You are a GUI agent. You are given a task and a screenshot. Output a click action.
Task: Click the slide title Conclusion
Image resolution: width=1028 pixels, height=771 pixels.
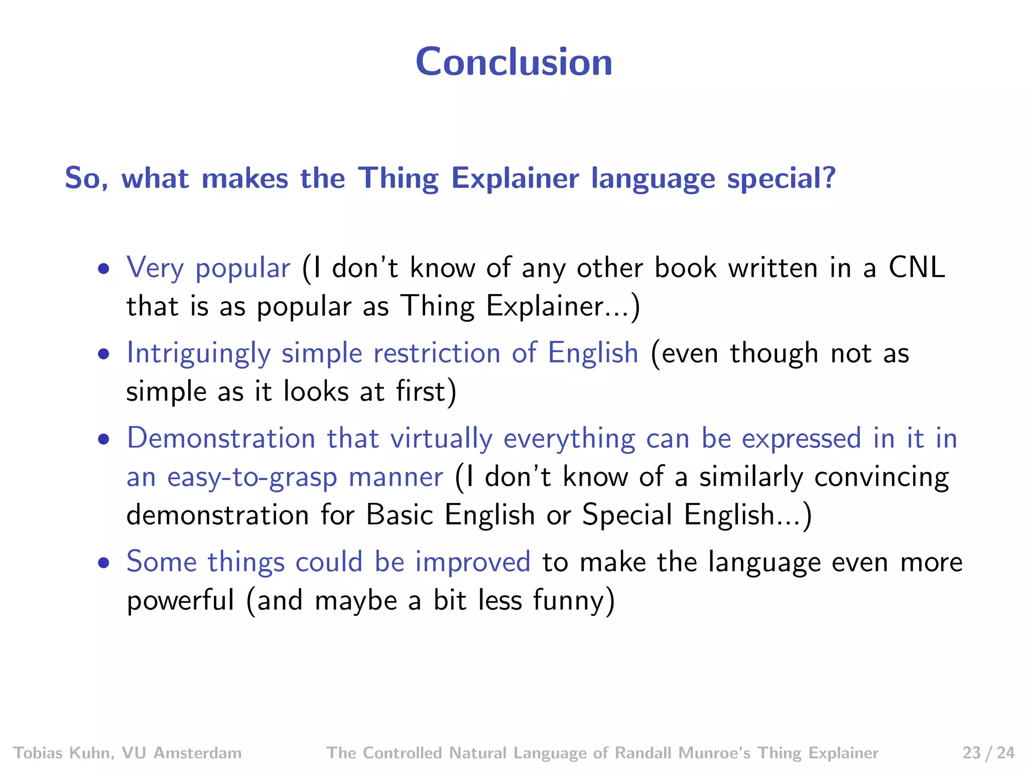[513, 62]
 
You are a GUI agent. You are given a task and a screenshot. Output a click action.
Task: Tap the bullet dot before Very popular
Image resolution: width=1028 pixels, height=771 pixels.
[104, 269]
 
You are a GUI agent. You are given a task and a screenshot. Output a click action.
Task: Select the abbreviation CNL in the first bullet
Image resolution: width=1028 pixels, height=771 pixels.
[917, 268]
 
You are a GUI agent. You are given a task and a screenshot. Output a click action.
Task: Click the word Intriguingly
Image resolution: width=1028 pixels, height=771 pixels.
[199, 353]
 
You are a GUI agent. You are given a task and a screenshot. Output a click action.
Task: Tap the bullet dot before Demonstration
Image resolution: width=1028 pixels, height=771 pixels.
[104, 440]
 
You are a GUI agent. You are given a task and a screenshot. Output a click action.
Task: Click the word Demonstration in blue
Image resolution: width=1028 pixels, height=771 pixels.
[221, 438]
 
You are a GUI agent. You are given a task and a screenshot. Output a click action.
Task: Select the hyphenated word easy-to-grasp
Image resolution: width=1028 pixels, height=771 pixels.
[252, 477]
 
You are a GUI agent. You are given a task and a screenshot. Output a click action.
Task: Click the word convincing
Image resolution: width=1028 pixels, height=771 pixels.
[881, 477]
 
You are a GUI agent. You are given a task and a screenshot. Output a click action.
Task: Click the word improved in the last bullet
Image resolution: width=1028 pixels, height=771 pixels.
[472, 562]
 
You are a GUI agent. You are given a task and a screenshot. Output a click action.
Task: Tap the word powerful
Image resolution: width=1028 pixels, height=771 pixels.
[180, 600]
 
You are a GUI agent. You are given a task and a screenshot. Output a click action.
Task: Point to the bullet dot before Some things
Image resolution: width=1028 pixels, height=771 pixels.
[104, 563]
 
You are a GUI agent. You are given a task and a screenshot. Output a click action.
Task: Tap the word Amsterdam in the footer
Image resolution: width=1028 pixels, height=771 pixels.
[197, 753]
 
